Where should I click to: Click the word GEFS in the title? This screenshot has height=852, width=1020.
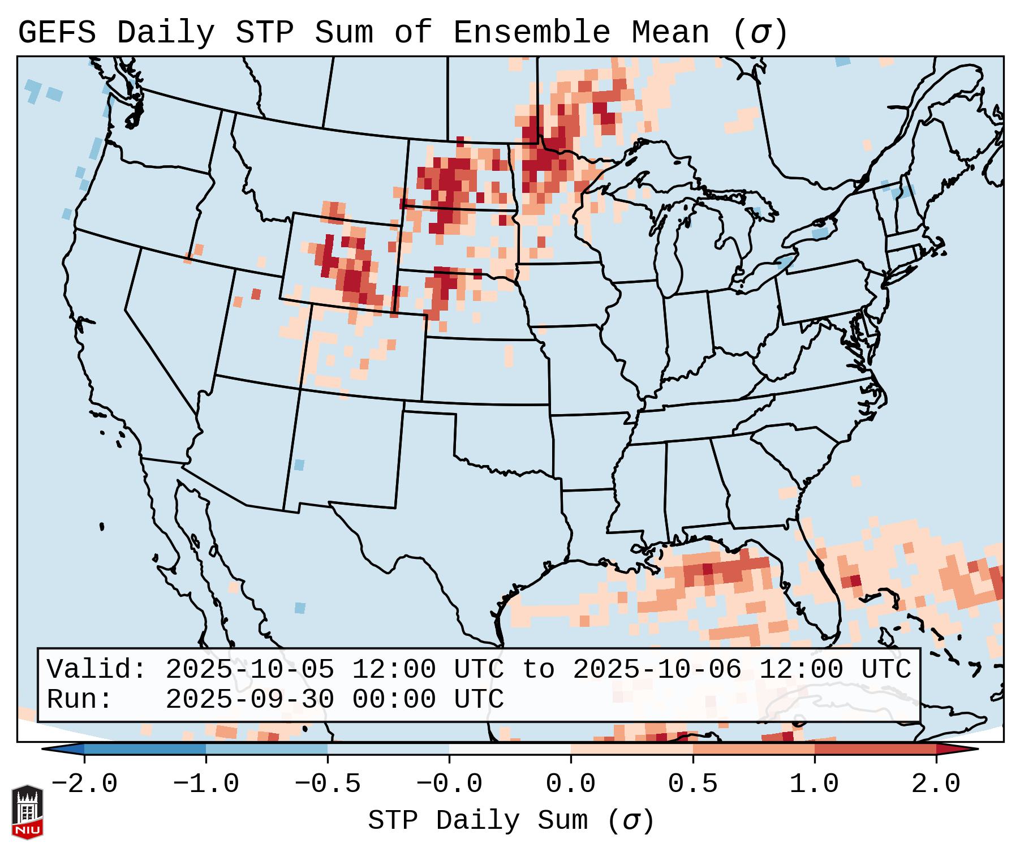click(x=57, y=33)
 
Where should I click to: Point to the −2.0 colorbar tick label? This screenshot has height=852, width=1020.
click(x=84, y=784)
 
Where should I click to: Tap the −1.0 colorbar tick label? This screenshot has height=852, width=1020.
click(x=206, y=784)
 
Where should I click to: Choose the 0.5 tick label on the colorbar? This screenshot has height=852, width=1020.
click(x=693, y=784)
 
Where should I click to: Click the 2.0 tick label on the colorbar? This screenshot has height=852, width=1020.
click(x=936, y=784)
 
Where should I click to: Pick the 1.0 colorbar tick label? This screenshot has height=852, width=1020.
click(x=815, y=784)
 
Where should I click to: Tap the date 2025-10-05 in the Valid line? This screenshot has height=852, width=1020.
click(x=249, y=670)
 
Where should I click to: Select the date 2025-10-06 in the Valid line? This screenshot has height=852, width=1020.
click(x=657, y=670)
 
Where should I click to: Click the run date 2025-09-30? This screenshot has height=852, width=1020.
click(x=249, y=699)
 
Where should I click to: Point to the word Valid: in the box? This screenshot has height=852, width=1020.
click(x=97, y=670)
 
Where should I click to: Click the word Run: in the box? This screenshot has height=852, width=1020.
click(x=80, y=699)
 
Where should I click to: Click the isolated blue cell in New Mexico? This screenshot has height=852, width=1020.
click(x=299, y=465)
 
